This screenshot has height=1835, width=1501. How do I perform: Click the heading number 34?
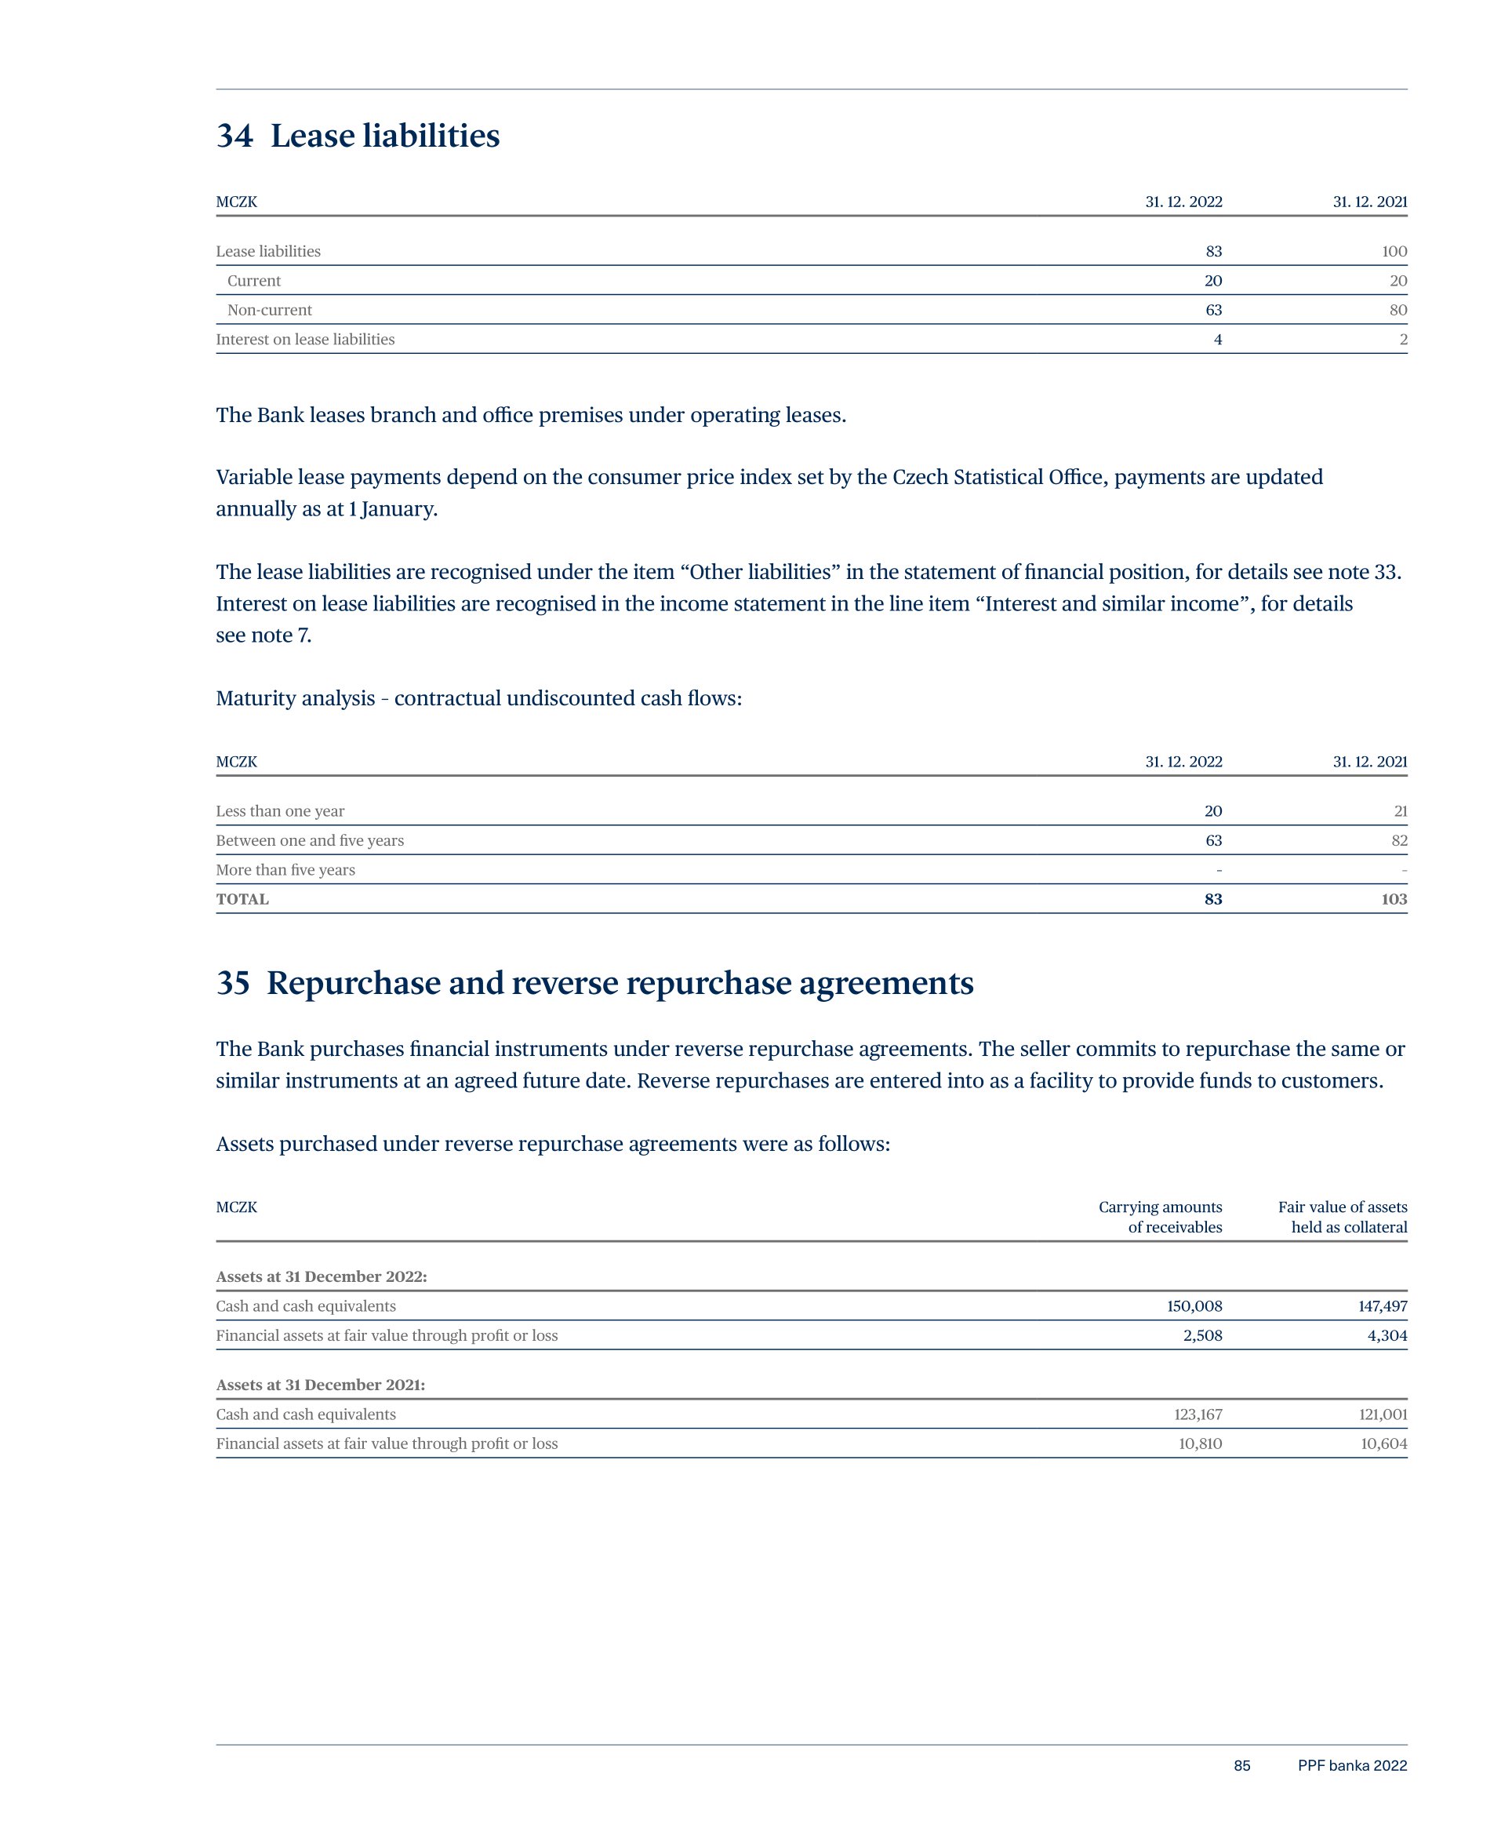click(234, 137)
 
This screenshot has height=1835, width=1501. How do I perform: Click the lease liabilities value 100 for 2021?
click(1394, 252)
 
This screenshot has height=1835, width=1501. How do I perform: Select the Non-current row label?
click(269, 311)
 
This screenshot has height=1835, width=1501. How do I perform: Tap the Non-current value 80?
click(1398, 311)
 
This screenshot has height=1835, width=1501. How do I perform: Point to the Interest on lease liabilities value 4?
click(1217, 340)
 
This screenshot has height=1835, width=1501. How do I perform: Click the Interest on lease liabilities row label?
click(305, 340)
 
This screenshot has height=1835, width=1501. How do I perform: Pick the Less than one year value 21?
click(1401, 811)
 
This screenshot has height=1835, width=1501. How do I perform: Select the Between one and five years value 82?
click(1399, 840)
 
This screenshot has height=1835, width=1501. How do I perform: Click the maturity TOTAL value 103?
click(1394, 899)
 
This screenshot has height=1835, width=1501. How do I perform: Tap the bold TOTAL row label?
click(242, 899)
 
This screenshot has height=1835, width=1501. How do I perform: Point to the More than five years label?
click(285, 870)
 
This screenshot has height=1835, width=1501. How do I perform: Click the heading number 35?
click(233, 983)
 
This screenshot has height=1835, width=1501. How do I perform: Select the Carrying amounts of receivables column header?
click(1161, 1217)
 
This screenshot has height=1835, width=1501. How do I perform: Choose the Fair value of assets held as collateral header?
click(1343, 1217)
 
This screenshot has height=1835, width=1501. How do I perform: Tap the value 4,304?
click(1387, 1336)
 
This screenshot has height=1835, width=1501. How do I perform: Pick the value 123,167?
click(1198, 1414)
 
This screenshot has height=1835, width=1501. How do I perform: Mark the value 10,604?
click(1383, 1444)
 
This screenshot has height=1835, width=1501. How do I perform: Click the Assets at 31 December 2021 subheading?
click(320, 1385)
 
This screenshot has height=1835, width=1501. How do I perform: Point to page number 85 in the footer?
click(1241, 1766)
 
